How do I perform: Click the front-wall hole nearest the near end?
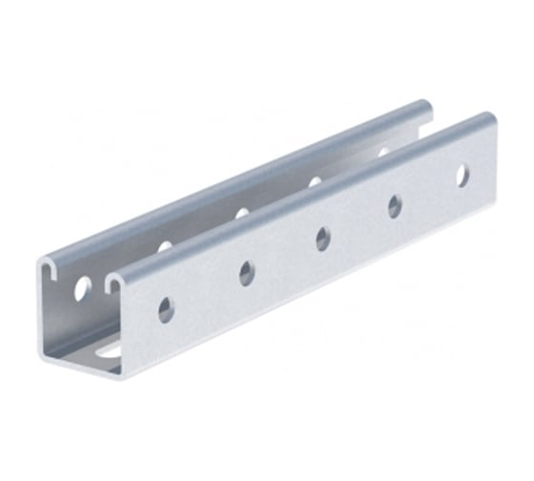click(x=166, y=308)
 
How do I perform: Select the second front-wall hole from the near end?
click(x=247, y=274)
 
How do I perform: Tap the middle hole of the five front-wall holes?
click(x=324, y=239)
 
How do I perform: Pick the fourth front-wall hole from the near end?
click(x=394, y=205)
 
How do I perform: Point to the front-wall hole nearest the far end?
click(x=462, y=175)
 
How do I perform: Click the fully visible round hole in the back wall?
click(x=83, y=285)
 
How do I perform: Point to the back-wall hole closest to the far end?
click(x=383, y=152)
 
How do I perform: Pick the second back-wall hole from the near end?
click(x=165, y=246)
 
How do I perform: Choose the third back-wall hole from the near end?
click(x=242, y=213)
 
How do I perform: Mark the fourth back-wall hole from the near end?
click(x=315, y=181)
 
